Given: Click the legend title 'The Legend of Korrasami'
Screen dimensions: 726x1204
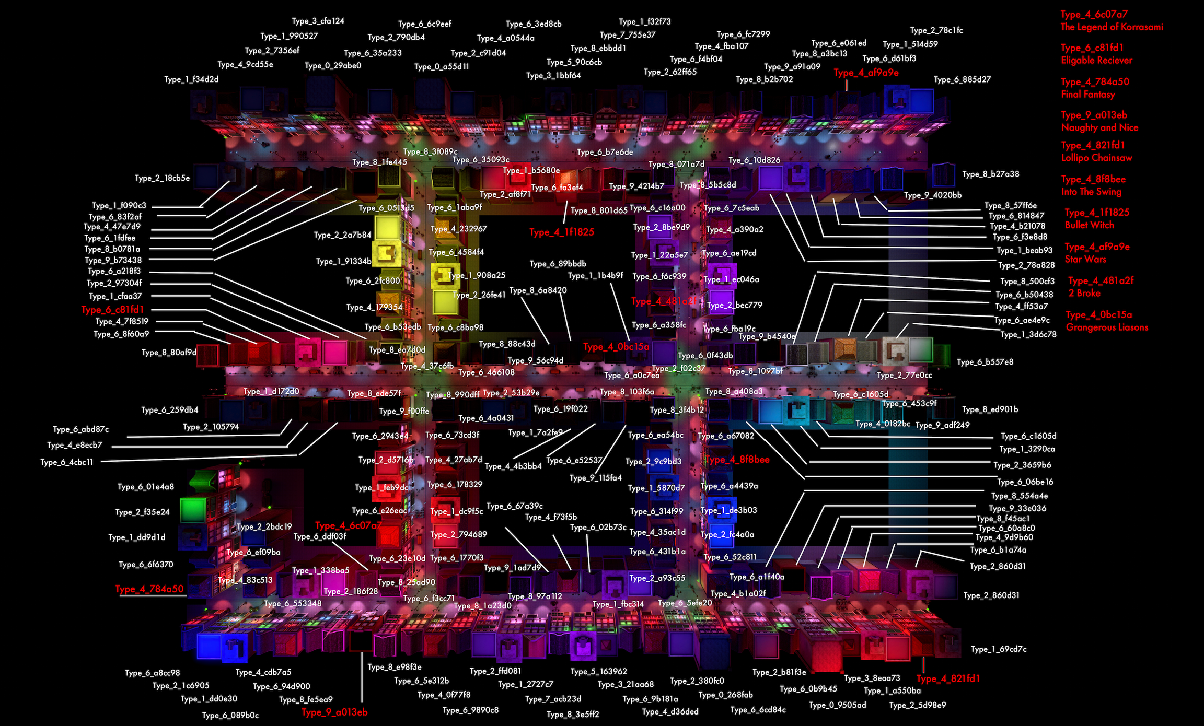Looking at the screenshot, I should click(1112, 27).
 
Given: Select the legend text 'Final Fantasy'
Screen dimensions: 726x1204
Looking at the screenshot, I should click(1087, 95).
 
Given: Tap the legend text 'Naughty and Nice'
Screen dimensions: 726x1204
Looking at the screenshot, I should click(1099, 128).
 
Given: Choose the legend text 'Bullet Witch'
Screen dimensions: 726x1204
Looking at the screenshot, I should click(1089, 226).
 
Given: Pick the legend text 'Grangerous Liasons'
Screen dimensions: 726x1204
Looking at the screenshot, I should click(1107, 328).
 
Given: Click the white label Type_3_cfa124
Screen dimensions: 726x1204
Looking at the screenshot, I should click(318, 21).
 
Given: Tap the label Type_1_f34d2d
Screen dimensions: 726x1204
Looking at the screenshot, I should click(191, 80).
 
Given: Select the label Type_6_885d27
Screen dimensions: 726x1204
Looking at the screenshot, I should click(962, 80).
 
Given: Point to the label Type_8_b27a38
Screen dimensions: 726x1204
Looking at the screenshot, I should click(990, 174).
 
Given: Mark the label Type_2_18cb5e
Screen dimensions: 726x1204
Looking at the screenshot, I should click(162, 179).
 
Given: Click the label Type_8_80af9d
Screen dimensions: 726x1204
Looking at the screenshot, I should click(169, 353).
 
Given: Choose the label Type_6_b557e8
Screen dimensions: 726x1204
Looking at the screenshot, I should click(985, 362).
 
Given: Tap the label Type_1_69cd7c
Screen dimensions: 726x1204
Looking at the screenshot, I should click(998, 650).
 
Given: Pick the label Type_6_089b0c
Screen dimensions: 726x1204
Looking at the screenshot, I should click(230, 716).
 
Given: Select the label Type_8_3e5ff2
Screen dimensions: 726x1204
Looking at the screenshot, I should click(573, 715).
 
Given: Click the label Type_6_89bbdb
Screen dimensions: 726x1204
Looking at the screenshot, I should click(558, 264).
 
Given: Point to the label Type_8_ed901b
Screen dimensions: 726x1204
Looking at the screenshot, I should click(990, 410).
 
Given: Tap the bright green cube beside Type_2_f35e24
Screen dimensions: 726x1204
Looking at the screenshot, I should click(193, 510).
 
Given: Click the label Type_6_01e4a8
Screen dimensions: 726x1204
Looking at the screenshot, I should click(146, 487).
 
